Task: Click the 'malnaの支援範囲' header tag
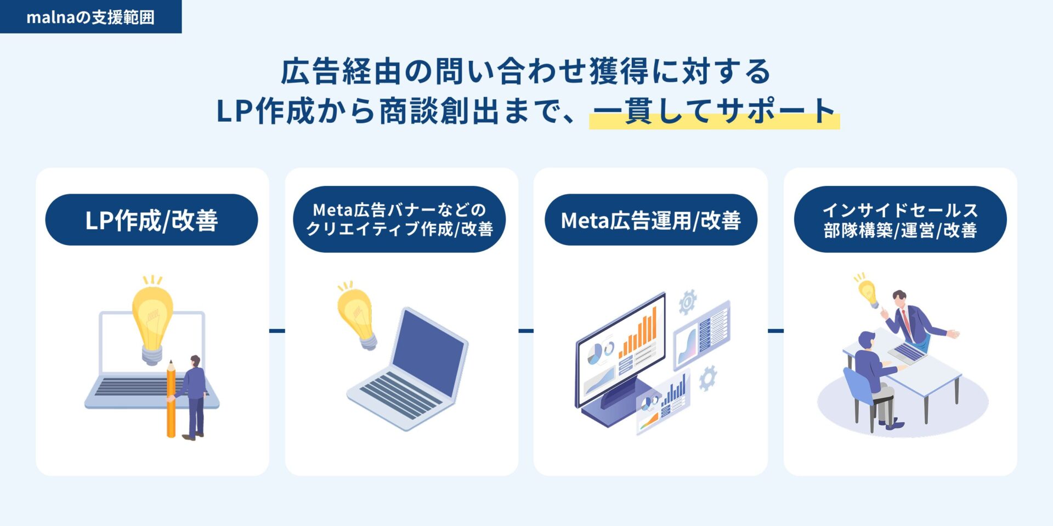(90, 17)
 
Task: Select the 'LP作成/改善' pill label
(151, 220)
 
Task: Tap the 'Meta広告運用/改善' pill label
(650, 220)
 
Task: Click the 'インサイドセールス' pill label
(900, 210)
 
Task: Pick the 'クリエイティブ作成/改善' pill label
(399, 229)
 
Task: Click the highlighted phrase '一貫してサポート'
(714, 111)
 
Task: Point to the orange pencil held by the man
(171, 399)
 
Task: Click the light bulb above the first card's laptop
(152, 320)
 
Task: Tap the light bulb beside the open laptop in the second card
(357, 316)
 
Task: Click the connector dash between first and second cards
(277, 331)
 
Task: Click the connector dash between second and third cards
(526, 331)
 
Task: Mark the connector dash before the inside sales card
(775, 331)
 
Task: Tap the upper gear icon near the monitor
(687, 302)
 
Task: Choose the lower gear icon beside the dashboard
(707, 378)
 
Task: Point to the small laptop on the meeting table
(908, 350)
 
